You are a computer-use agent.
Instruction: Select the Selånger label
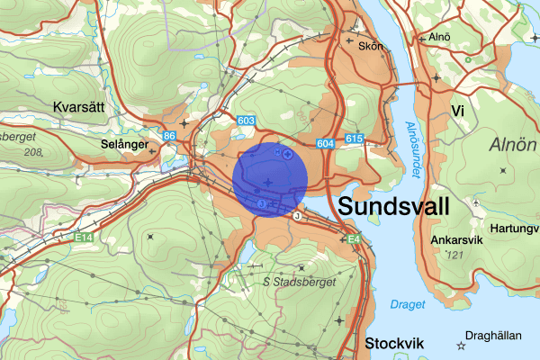coord(122,143)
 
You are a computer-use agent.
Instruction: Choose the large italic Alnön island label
coord(513,145)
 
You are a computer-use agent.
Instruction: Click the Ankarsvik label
coord(456,241)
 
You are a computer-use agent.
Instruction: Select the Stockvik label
coord(395,343)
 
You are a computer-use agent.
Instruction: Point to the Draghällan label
coord(495,336)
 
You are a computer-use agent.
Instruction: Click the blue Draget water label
coord(408,304)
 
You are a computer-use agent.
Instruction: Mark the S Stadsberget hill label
coord(300,282)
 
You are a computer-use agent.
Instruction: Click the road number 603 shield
coord(247,121)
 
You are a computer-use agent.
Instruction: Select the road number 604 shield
coord(326,144)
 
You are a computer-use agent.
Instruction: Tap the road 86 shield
coord(169,137)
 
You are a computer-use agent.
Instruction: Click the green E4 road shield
coord(354,238)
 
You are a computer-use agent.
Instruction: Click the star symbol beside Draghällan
coord(461,346)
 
